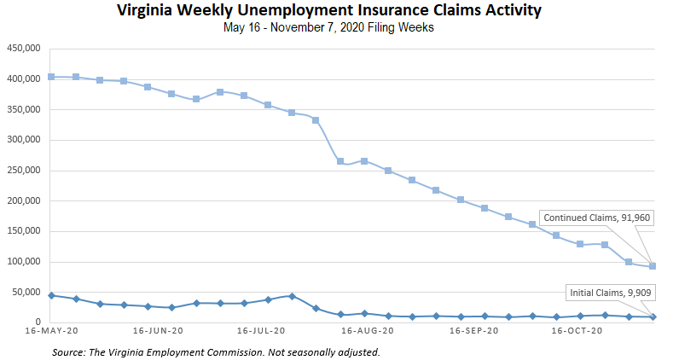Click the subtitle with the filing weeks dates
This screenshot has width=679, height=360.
pos(339,27)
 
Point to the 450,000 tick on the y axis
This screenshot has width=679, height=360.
pos(23,49)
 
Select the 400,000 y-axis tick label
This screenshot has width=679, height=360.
pos(23,79)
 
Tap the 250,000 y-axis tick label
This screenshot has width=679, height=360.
pos(23,171)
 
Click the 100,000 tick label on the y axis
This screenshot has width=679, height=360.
pos(23,262)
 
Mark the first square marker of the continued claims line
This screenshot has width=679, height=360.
pos(51,77)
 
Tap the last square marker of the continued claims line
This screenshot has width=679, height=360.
pos(653,266)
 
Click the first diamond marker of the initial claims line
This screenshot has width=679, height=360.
pos(51,295)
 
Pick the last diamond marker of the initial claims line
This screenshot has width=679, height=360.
pos(653,316)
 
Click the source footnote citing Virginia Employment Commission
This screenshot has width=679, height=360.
pos(216,351)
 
